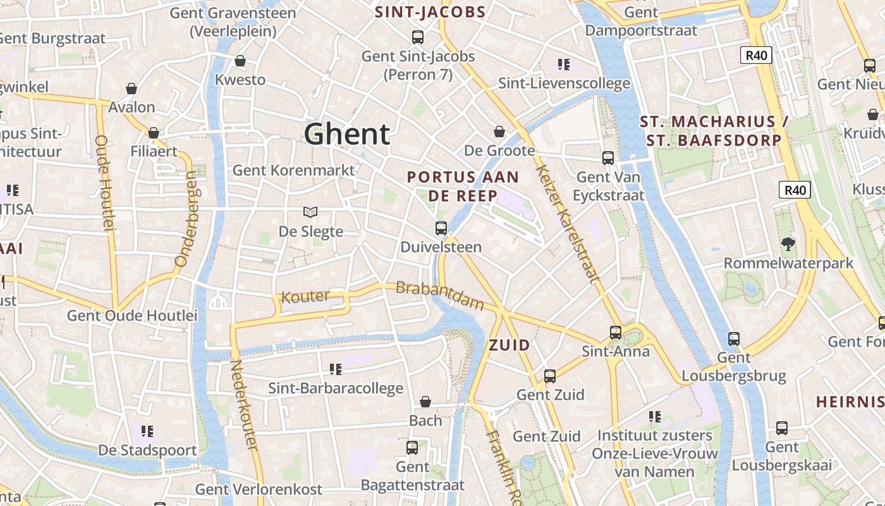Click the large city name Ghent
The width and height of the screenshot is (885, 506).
point(347,134)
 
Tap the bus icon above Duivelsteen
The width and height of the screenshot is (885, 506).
point(441,228)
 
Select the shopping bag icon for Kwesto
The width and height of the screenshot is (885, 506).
point(240,61)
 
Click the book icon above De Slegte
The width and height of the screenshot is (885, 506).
point(310,212)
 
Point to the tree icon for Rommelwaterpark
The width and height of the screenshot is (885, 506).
point(788,244)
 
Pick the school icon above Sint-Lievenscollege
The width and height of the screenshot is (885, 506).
point(564,64)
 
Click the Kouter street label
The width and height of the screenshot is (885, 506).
point(305,296)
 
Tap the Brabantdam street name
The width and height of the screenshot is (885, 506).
point(439,295)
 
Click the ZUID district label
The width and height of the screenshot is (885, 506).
point(509,345)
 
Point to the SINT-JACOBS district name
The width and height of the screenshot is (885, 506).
point(430,11)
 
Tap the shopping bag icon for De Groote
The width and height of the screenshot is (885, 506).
point(499,132)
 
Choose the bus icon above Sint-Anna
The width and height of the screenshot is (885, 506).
point(615,332)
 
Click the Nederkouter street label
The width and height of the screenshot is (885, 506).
point(245,405)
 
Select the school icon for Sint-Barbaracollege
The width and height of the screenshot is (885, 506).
point(336,369)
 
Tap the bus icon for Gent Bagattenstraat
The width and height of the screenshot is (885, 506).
point(412,448)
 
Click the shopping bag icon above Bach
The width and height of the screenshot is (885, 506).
point(425,402)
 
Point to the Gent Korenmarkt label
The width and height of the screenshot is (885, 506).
point(293,170)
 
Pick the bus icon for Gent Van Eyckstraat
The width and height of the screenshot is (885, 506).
point(608,158)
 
